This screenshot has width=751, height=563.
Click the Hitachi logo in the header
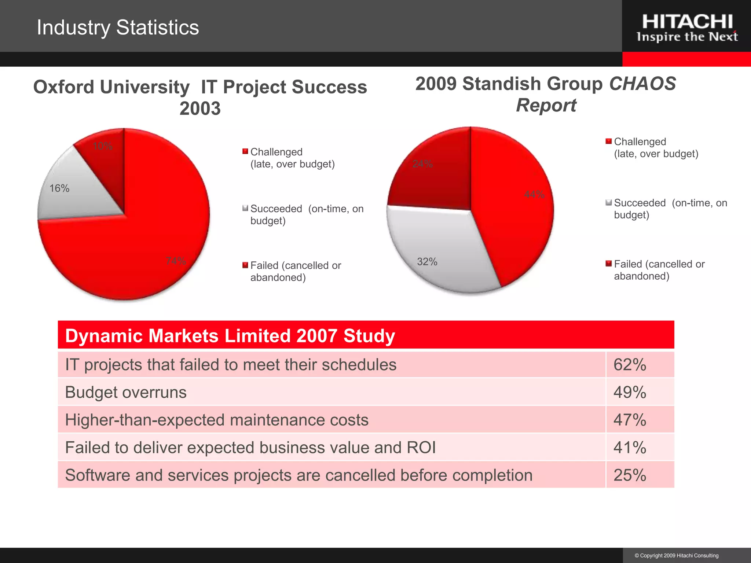tap(687, 27)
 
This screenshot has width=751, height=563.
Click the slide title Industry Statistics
tap(118, 27)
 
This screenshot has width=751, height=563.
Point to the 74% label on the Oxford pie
tap(176, 261)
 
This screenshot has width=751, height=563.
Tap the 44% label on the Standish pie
tap(534, 194)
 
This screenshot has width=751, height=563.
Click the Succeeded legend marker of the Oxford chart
tap(245, 209)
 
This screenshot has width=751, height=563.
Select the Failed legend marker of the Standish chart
tap(609, 264)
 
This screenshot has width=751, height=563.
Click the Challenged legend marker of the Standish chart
tap(609, 141)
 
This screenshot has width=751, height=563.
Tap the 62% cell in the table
tap(630, 365)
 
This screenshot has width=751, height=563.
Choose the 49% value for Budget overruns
tap(630, 392)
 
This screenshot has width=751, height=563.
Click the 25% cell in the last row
tap(630, 475)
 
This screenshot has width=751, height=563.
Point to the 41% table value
tap(630, 448)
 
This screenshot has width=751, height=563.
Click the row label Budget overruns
tap(126, 392)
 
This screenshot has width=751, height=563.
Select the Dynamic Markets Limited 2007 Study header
tap(230, 336)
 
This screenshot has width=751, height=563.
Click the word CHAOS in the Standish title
tap(642, 84)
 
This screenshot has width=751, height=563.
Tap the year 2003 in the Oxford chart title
tap(200, 108)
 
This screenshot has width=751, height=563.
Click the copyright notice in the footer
tap(677, 556)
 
